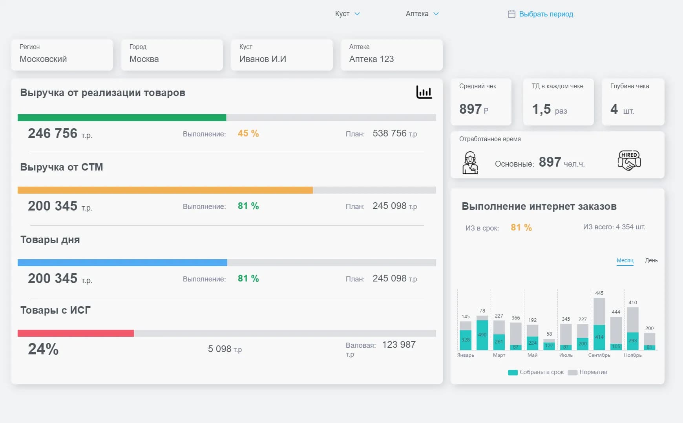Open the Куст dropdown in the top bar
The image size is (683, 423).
coord(347,14)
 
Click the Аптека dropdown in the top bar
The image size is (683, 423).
coord(422,14)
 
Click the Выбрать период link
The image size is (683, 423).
coord(546,14)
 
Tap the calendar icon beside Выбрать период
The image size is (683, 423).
coord(511,14)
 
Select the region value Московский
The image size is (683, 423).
coord(43,59)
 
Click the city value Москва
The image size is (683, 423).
coord(144,59)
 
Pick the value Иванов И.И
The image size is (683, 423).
coord(263,59)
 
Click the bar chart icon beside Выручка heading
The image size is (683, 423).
coord(424,92)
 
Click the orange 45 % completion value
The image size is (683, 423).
coord(248,133)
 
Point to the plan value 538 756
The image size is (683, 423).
coord(389,133)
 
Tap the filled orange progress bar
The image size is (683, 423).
coord(165,190)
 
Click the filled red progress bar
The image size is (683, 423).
coord(76,333)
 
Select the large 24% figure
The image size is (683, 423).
coord(43,349)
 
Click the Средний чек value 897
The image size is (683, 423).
coord(470,109)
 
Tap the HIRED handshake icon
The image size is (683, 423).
coord(629,160)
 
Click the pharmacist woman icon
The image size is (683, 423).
coord(470,163)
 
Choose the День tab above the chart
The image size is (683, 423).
coord(651,260)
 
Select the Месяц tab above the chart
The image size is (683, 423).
coord(625,260)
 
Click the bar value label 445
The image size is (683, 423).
coord(599,293)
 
